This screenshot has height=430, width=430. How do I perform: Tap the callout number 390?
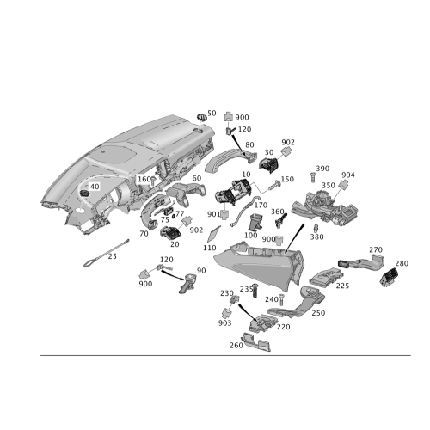322,167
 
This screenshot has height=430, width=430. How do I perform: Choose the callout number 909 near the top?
242,116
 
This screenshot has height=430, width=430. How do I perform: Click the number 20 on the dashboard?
94,186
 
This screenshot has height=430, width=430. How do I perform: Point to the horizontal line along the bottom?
215,354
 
